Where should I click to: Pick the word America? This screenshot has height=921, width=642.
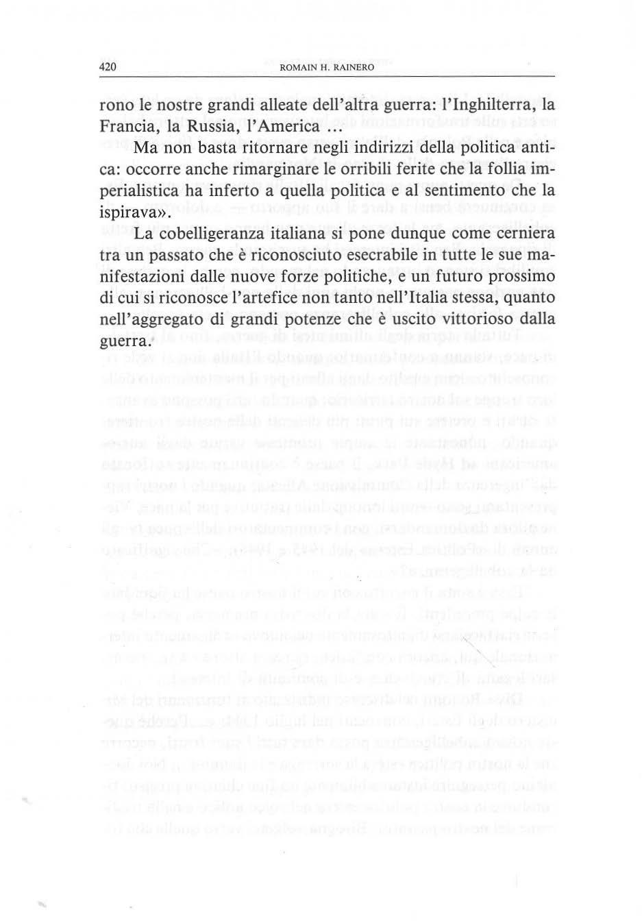291,127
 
